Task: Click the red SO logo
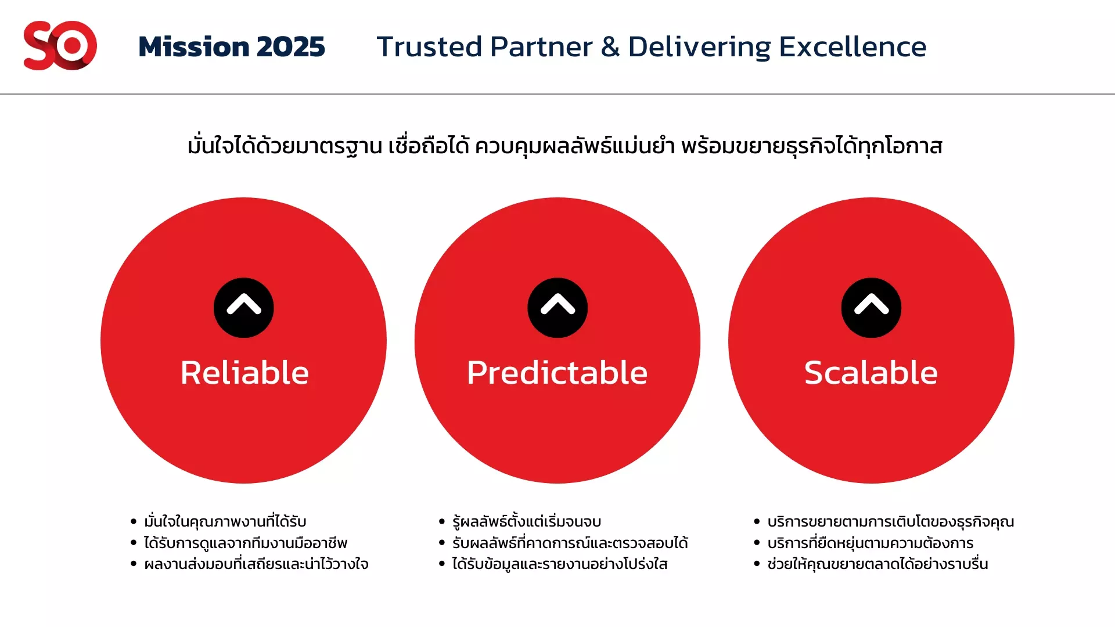coord(60,45)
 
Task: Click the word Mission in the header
coord(194,46)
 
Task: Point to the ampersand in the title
coord(610,46)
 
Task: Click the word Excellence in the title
coord(853,46)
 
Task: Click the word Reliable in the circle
coord(244,372)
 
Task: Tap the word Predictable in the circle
coord(557,372)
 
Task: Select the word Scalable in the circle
coord(871,372)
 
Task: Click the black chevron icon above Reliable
coord(244,308)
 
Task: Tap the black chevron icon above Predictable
coord(557,308)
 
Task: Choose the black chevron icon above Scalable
coord(871,308)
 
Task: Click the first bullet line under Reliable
coord(225,521)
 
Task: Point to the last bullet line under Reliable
coord(256,564)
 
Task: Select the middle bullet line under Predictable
coord(570,543)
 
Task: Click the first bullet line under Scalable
coord(891,521)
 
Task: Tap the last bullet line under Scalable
coord(877,564)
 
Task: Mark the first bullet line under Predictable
coord(527,521)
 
